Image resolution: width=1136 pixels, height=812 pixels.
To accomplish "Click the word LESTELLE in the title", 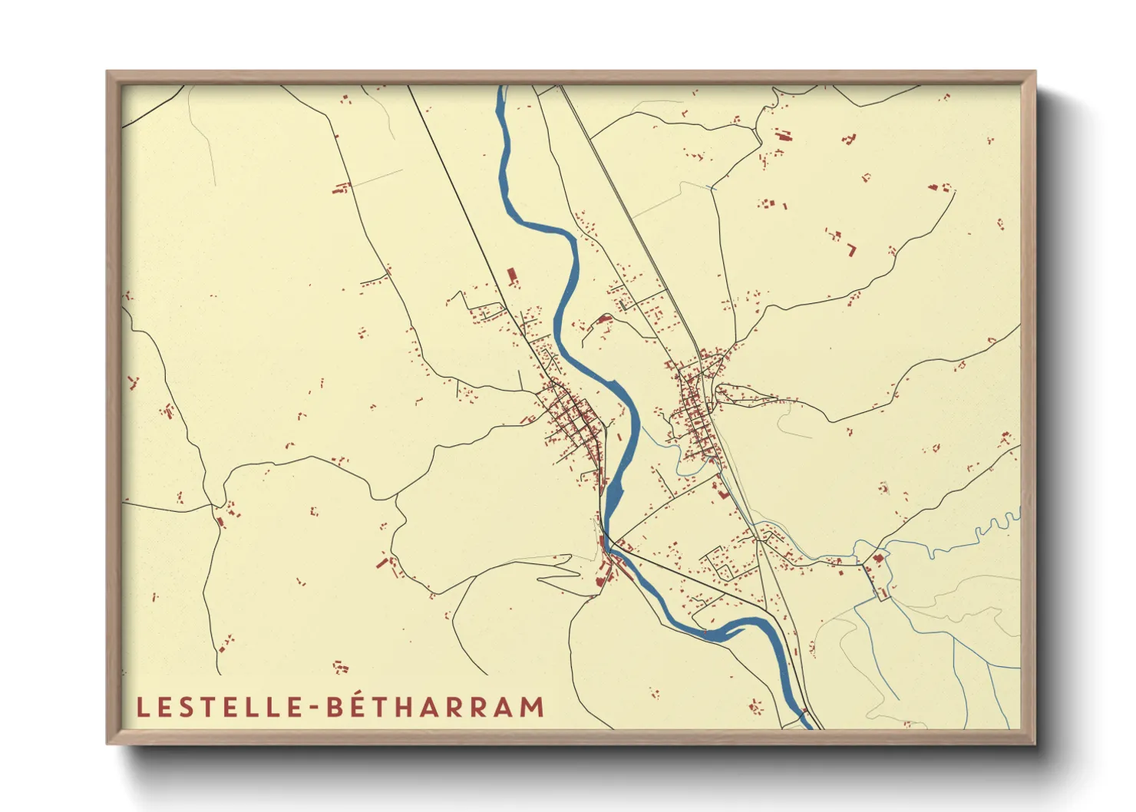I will pyautogui.click(x=220, y=707).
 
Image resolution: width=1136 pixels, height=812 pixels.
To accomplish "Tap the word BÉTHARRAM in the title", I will pyautogui.click(x=435, y=707).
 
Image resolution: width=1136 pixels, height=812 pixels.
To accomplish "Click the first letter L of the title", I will pyautogui.click(x=141, y=707).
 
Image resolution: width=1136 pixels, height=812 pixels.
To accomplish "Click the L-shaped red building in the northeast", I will pyautogui.click(x=851, y=249).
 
